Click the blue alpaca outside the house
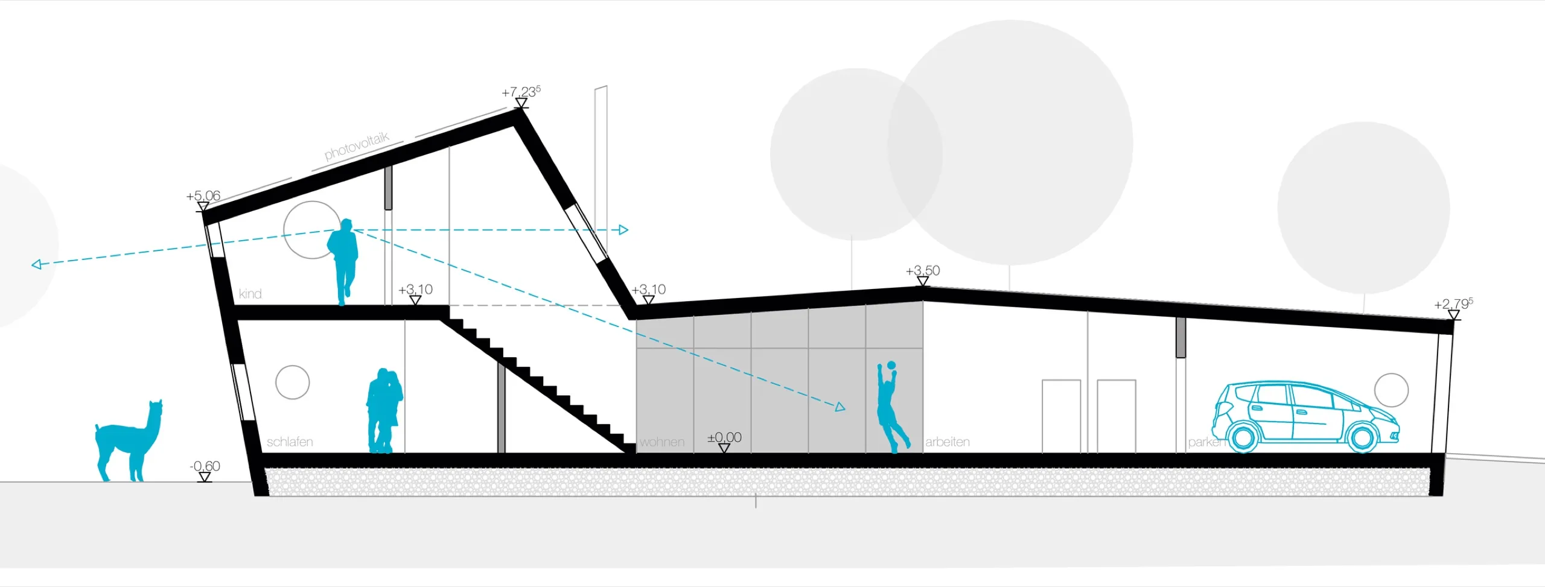pyautogui.click(x=129, y=440)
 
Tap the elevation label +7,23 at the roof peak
pyautogui.click(x=521, y=92)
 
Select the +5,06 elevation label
pyautogui.click(x=203, y=196)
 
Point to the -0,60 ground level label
pyautogui.click(x=205, y=466)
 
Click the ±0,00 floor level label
pyautogui.click(x=724, y=437)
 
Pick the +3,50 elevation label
pyautogui.click(x=923, y=271)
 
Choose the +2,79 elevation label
pyautogui.click(x=1453, y=304)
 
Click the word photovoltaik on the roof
pyautogui.click(x=357, y=147)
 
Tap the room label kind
pyautogui.click(x=250, y=294)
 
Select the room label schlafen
pyautogui.click(x=290, y=442)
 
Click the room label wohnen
pyautogui.click(x=662, y=442)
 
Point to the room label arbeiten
pyautogui.click(x=948, y=442)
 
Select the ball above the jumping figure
pyautogui.click(x=891, y=366)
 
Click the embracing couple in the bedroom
pyautogui.click(x=384, y=410)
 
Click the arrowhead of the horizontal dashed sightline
pyautogui.click(x=623, y=230)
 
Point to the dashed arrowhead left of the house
pyautogui.click(x=37, y=264)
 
